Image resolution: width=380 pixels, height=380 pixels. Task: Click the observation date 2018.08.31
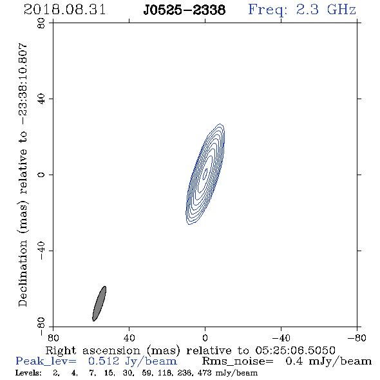(64, 10)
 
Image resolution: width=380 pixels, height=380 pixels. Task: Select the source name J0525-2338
(184, 10)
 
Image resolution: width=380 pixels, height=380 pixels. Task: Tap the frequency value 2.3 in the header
(307, 10)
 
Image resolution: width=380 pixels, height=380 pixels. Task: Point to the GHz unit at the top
(341, 10)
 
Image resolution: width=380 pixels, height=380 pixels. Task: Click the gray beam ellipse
(99, 303)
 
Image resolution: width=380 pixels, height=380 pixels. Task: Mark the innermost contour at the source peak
(205, 174)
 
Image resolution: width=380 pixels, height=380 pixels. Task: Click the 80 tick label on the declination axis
(41, 23)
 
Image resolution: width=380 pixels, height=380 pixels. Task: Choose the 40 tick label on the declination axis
(41, 99)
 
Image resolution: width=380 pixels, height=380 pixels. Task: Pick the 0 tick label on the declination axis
(41, 175)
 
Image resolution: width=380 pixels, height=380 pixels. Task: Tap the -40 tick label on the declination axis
(41, 251)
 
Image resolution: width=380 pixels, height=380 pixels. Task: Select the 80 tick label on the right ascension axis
(53, 337)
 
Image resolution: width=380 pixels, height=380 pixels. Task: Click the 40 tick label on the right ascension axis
(129, 337)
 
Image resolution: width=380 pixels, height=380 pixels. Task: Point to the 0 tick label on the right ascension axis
(205, 337)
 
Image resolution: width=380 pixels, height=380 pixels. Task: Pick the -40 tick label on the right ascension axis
(281, 337)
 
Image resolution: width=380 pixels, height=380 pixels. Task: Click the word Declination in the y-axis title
(23, 273)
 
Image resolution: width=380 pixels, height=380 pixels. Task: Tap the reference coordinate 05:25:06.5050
(295, 350)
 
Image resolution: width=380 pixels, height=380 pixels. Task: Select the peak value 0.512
(104, 361)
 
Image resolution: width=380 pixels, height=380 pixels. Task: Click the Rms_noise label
(238, 361)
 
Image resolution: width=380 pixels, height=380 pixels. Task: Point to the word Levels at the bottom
(28, 373)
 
